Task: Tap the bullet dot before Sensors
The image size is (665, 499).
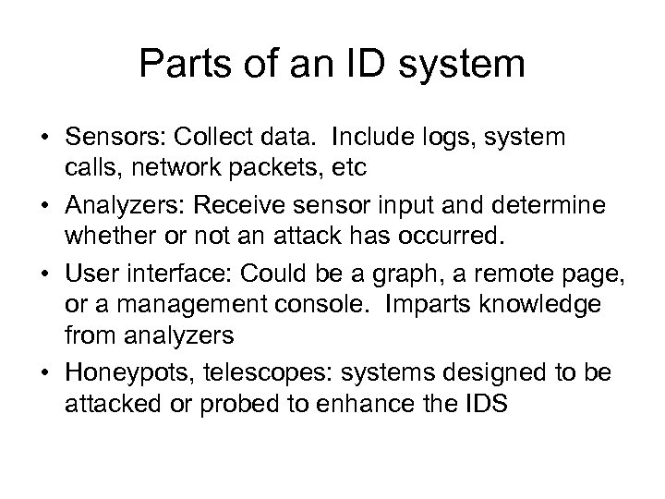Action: (x=45, y=138)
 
